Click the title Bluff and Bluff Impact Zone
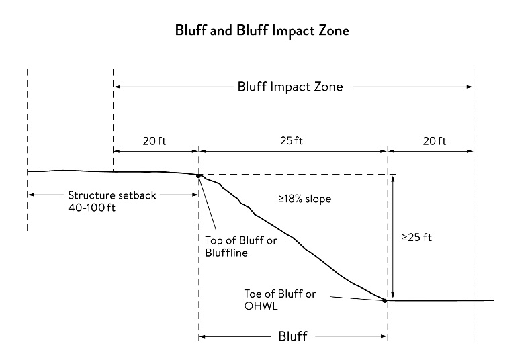click(262, 31)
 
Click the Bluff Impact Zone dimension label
click(290, 87)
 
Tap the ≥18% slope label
click(306, 199)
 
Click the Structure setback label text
click(112, 195)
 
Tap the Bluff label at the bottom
click(292, 336)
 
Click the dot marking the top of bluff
click(198, 176)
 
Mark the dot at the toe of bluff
click(385, 300)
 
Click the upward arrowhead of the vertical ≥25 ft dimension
click(393, 179)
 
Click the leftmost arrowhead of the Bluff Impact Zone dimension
click(117, 87)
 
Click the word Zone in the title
click(334, 31)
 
